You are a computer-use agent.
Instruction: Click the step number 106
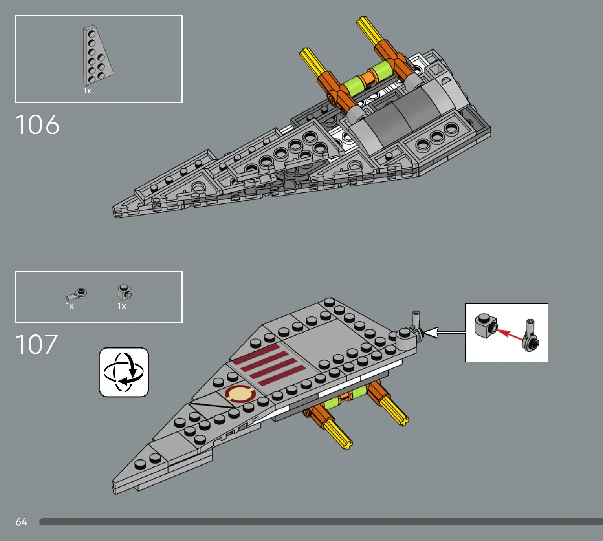[x=37, y=125]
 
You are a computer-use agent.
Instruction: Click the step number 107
[x=37, y=344]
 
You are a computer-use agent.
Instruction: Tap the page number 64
[x=22, y=522]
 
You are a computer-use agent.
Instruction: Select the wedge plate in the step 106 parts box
[x=98, y=55]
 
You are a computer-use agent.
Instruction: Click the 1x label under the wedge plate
[x=87, y=91]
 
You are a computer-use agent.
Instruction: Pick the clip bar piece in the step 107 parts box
[x=77, y=294]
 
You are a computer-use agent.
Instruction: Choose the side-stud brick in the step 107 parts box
[x=125, y=292]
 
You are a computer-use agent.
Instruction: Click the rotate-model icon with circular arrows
[x=124, y=372]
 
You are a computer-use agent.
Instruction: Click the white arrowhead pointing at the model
[x=431, y=333]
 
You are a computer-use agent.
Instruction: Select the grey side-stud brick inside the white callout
[x=486, y=326]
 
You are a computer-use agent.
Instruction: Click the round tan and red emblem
[x=240, y=393]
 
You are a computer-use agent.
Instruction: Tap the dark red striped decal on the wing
[x=268, y=365]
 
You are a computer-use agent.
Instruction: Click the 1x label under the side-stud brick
[x=122, y=306]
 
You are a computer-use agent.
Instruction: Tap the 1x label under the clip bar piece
[x=70, y=306]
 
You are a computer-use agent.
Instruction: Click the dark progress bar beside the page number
[x=321, y=522]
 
